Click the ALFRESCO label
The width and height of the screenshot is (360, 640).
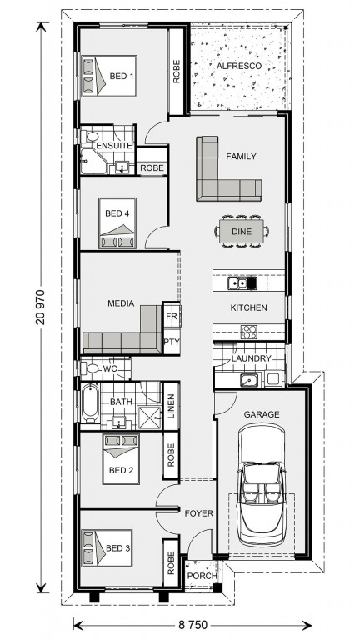[238, 66]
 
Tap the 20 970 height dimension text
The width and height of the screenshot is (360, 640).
[40, 307]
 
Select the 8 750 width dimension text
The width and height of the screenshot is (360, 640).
[192, 624]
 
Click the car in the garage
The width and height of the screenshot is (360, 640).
[261, 485]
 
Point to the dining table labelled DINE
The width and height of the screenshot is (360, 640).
[242, 232]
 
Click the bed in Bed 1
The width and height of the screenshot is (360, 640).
[108, 76]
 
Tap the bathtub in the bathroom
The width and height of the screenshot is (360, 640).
[90, 402]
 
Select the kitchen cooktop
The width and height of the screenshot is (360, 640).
[248, 332]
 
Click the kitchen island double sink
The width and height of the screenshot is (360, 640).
[242, 282]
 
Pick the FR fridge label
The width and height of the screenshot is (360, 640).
[172, 316]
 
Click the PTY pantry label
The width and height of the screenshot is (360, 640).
[172, 341]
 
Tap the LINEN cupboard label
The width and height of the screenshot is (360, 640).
[171, 406]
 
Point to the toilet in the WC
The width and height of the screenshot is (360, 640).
[90, 368]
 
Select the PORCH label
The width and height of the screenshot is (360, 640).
[202, 576]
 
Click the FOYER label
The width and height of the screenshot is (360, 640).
[199, 513]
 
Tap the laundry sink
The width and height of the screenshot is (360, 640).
[249, 380]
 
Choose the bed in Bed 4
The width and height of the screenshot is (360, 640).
[117, 222]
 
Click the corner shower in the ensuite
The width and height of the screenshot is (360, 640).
[94, 161]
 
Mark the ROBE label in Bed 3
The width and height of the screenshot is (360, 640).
[171, 562]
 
